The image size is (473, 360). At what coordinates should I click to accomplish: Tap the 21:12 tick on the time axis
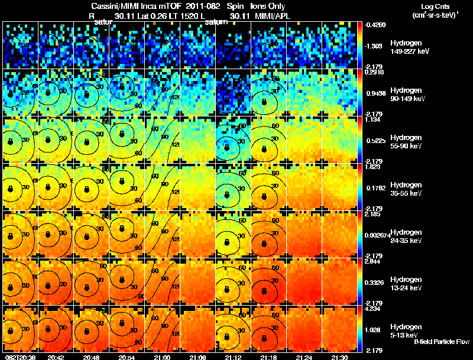(x=232, y=357)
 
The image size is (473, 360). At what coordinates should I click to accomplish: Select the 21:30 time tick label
(x=339, y=357)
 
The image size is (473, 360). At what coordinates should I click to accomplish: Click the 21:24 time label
(x=303, y=357)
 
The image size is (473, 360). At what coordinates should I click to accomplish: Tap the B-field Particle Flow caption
(x=440, y=342)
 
